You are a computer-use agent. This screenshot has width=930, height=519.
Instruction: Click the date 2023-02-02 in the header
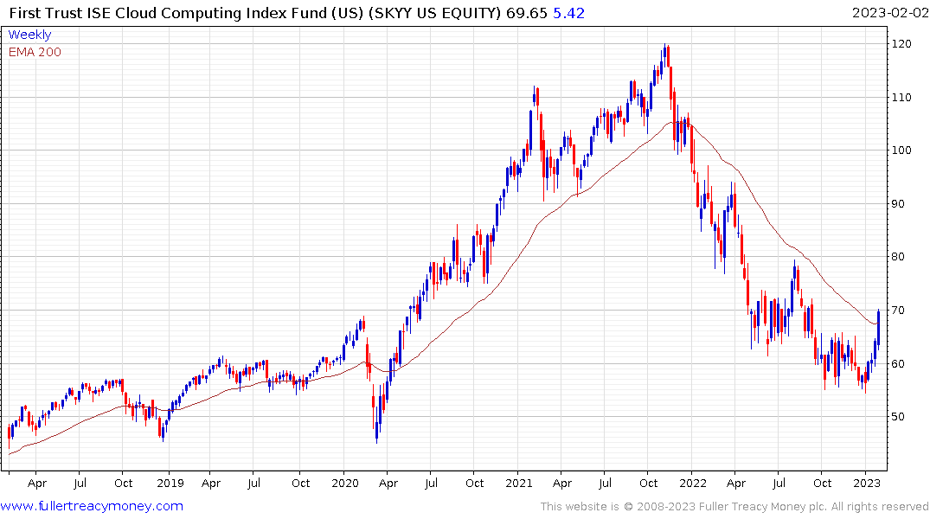(x=888, y=13)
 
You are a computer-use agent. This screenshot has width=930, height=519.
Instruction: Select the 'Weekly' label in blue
(x=29, y=35)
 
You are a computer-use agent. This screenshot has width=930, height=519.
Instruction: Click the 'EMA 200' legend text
(x=35, y=52)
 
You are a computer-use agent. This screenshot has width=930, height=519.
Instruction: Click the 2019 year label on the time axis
(x=170, y=484)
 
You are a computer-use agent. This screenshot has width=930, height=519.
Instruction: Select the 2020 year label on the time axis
(x=344, y=484)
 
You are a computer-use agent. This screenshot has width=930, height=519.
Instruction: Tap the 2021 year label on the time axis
(x=519, y=484)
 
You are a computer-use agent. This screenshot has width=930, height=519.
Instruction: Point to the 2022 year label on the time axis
(x=694, y=484)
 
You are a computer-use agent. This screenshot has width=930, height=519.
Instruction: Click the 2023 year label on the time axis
(x=868, y=484)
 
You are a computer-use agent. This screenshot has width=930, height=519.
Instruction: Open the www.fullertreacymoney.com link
(x=92, y=506)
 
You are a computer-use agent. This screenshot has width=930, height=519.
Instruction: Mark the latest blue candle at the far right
(x=878, y=324)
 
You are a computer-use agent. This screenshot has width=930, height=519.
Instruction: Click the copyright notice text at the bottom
(x=734, y=507)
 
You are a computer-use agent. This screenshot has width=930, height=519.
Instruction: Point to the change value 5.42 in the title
(x=566, y=13)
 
